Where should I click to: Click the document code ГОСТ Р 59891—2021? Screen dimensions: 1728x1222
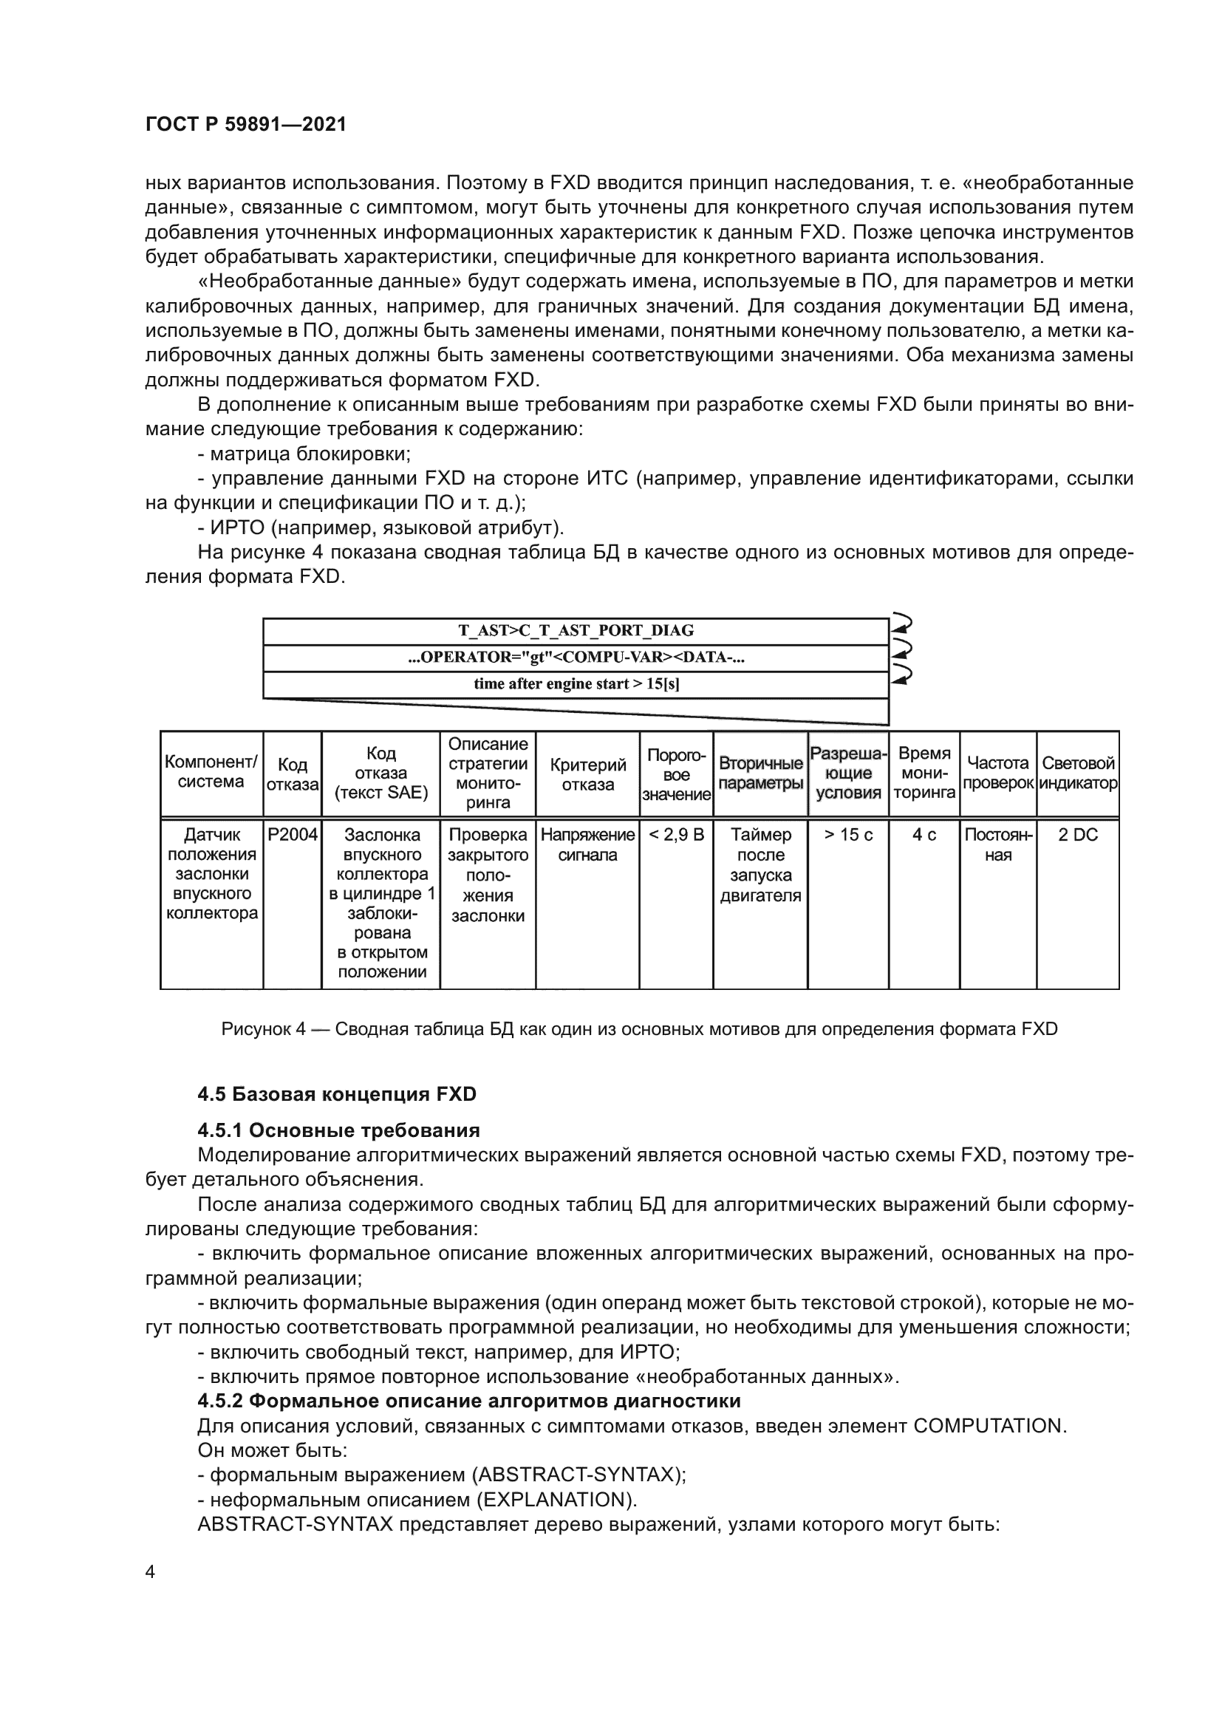pos(246,125)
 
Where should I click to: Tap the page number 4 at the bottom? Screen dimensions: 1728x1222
pos(150,1571)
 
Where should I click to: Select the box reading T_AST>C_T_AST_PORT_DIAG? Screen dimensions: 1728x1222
pos(576,631)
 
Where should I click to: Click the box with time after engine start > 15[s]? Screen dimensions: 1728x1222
pos(576,684)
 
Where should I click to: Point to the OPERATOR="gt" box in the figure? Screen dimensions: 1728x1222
pos(576,657)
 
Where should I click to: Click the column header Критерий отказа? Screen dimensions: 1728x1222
pos(587,774)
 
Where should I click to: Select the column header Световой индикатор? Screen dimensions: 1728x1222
pos(1077,773)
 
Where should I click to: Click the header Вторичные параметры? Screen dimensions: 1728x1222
pos(760,773)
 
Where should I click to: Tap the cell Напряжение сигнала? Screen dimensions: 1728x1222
pos(587,844)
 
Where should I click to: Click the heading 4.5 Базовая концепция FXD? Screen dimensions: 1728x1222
pos(337,1093)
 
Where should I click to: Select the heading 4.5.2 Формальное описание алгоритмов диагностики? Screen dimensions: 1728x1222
pos(469,1401)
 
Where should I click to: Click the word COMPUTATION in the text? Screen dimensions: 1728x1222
pos(989,1426)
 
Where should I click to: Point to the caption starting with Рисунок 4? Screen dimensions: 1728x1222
pos(639,1029)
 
